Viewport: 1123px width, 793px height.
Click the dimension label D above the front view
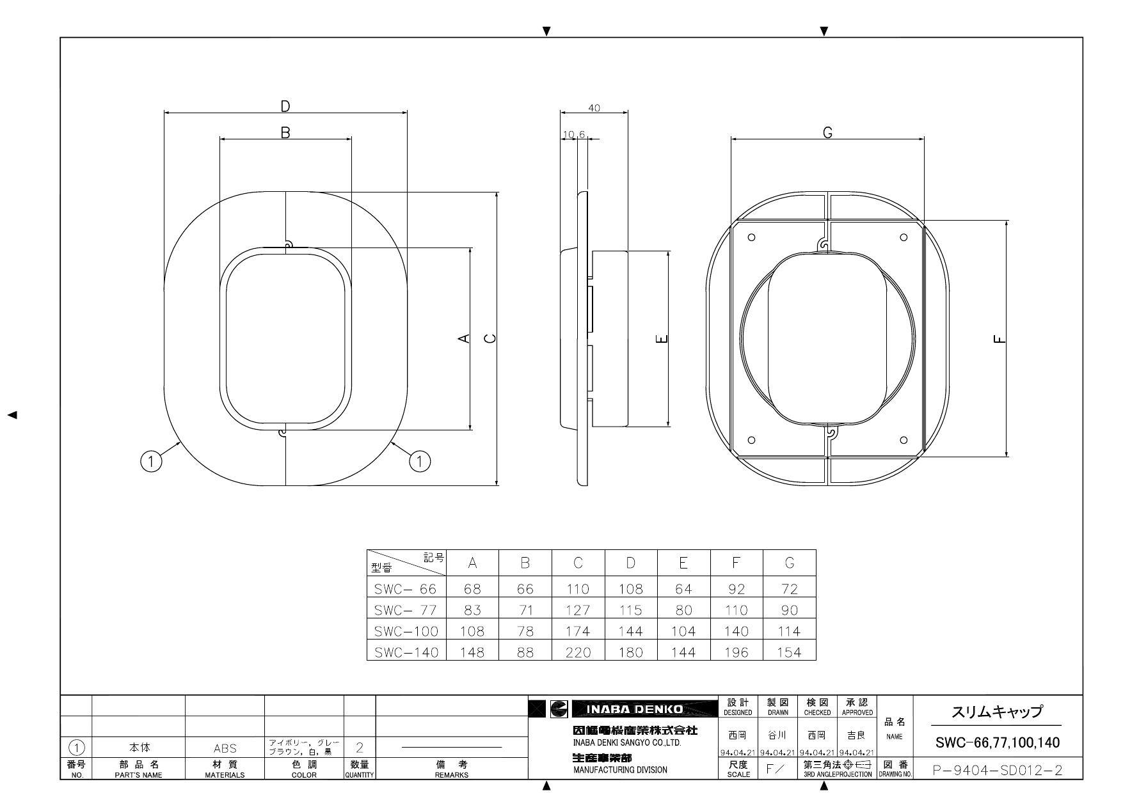[286, 106]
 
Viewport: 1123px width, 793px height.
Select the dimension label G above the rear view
[827, 132]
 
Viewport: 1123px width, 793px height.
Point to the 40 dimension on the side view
[594, 108]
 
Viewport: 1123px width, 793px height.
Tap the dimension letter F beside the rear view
[1000, 339]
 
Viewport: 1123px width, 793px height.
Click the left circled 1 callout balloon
[150, 461]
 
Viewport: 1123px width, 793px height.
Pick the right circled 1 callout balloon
[420, 460]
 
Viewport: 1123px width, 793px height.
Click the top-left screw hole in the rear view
[752, 237]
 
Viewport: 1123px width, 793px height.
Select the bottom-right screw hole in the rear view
[904, 440]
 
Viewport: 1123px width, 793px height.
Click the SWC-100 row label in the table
[406, 631]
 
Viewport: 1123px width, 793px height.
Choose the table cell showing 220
[578, 652]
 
